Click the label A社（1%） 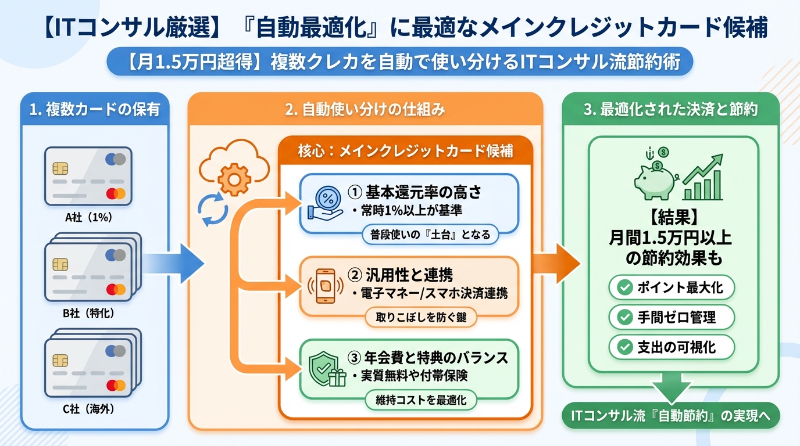88,218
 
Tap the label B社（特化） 88,313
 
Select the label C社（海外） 88,409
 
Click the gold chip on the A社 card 59,168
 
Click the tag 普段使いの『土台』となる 430,235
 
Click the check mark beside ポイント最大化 625,287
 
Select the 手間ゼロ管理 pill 672,317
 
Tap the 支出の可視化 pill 672,347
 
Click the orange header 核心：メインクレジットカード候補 406,150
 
